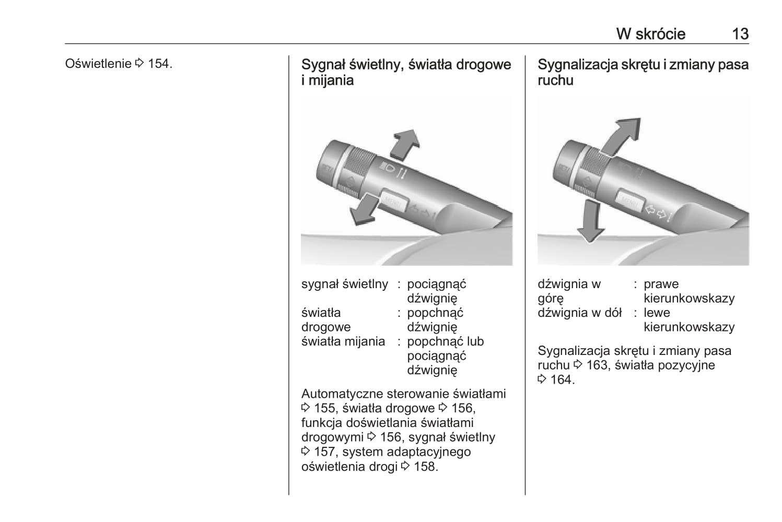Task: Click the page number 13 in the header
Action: pyautogui.click(x=740, y=34)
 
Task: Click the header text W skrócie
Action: pyautogui.click(x=650, y=34)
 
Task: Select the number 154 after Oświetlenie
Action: pyautogui.click(x=159, y=64)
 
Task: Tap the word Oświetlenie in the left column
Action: pyautogui.click(x=98, y=64)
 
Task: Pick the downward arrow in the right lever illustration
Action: pyautogui.click(x=591, y=222)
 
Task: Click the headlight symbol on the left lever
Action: pyautogui.click(x=388, y=168)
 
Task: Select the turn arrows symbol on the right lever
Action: pyautogui.click(x=656, y=211)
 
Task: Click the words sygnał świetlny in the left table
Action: pyautogui.click(x=344, y=284)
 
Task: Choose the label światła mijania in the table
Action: pyautogui.click(x=343, y=342)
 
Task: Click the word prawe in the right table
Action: pyautogui.click(x=661, y=284)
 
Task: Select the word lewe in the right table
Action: pyautogui.click(x=657, y=313)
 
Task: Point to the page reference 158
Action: pyautogui.click(x=425, y=467)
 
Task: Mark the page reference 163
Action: pyautogui.click(x=597, y=365)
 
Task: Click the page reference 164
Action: pyautogui.click(x=561, y=380)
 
